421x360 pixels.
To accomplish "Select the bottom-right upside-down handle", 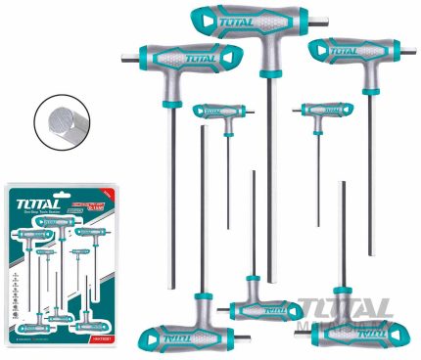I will tap(349, 329).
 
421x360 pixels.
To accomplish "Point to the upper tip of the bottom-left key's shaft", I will tap(203, 128).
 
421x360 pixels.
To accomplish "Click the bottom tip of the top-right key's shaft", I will tap(370, 253).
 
